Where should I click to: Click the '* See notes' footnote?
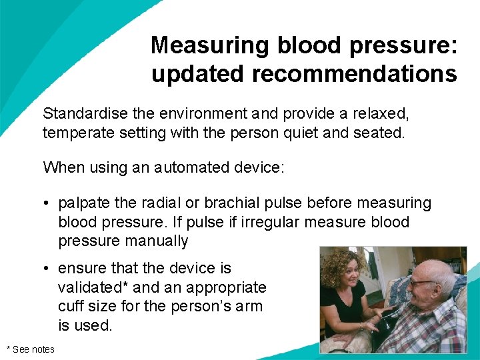tap(31, 349)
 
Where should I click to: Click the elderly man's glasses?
tap(420, 283)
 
